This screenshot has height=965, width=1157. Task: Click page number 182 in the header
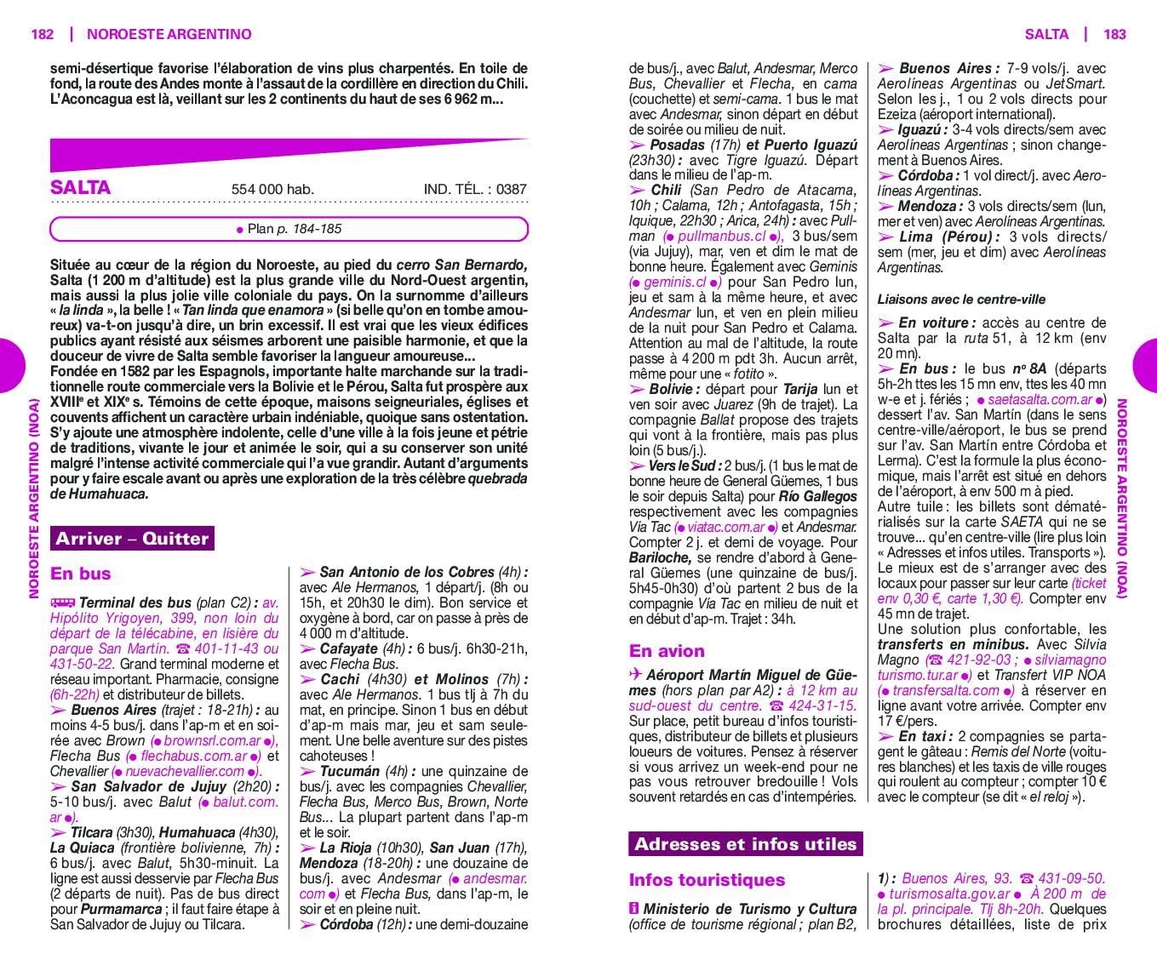coord(42,34)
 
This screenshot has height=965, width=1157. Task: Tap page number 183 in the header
coord(1114,34)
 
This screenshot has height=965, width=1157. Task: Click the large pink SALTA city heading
coord(81,187)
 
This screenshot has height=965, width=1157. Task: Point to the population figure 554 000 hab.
coord(272,189)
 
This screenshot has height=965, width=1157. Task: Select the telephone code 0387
coord(512,189)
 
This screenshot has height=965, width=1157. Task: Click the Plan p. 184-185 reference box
coord(289,229)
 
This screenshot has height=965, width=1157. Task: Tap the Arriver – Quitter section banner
coord(132,539)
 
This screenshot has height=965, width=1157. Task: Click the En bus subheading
coord(81,574)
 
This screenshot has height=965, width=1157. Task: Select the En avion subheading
coord(667,651)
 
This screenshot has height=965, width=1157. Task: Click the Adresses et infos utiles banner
coord(745,844)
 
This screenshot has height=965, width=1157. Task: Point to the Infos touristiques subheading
coord(707,880)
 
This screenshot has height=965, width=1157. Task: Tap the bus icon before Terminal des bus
coord(63,602)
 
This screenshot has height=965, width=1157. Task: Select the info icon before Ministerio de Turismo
coord(634,909)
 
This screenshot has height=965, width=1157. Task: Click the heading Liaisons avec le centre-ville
coord(961,300)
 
